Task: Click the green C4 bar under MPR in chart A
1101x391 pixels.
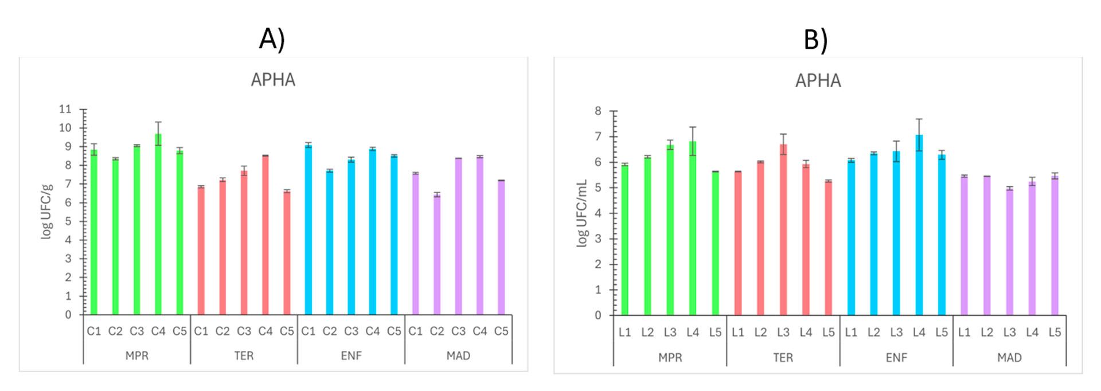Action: click(158, 229)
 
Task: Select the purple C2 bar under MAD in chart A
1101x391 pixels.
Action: click(437, 258)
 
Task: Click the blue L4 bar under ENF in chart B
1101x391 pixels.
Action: click(919, 229)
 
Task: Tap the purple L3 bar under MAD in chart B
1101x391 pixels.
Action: click(1009, 252)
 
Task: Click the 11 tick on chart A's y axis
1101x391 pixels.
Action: click(65, 109)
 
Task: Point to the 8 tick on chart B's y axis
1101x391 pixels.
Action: click(598, 111)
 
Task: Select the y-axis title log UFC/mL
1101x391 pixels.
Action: click(582, 213)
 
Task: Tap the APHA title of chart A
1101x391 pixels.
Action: click(273, 80)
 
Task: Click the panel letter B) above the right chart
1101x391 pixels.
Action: click(815, 40)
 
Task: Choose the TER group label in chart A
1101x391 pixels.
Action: click(244, 356)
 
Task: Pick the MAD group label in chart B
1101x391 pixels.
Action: click(1009, 358)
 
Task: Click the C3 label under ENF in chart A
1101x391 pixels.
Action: click(351, 331)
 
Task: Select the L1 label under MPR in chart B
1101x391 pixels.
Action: click(624, 333)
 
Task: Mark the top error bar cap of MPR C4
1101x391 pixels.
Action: click(158, 122)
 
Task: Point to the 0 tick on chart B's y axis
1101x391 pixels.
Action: click(598, 315)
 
